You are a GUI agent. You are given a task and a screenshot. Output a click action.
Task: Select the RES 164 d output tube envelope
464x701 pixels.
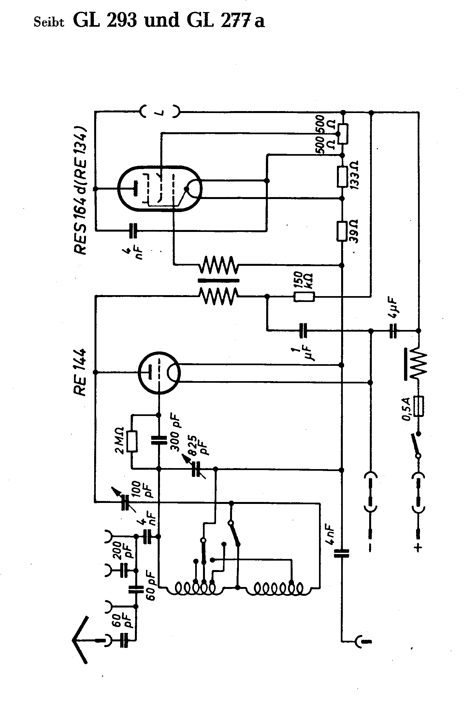click(160, 189)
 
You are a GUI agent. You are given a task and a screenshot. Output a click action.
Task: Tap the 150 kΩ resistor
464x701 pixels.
click(304, 297)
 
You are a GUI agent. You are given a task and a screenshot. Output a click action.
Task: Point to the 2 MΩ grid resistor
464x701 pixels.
click(132, 442)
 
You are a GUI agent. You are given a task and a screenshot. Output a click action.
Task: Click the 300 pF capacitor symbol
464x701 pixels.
click(159, 442)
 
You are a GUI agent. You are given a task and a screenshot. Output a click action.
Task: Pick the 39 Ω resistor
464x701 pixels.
click(342, 232)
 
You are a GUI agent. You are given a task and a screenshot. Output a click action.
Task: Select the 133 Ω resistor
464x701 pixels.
click(342, 177)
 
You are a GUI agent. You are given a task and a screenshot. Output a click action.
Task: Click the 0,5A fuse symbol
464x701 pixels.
click(419, 406)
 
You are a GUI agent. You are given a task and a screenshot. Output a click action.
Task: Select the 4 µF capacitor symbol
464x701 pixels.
click(393, 331)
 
